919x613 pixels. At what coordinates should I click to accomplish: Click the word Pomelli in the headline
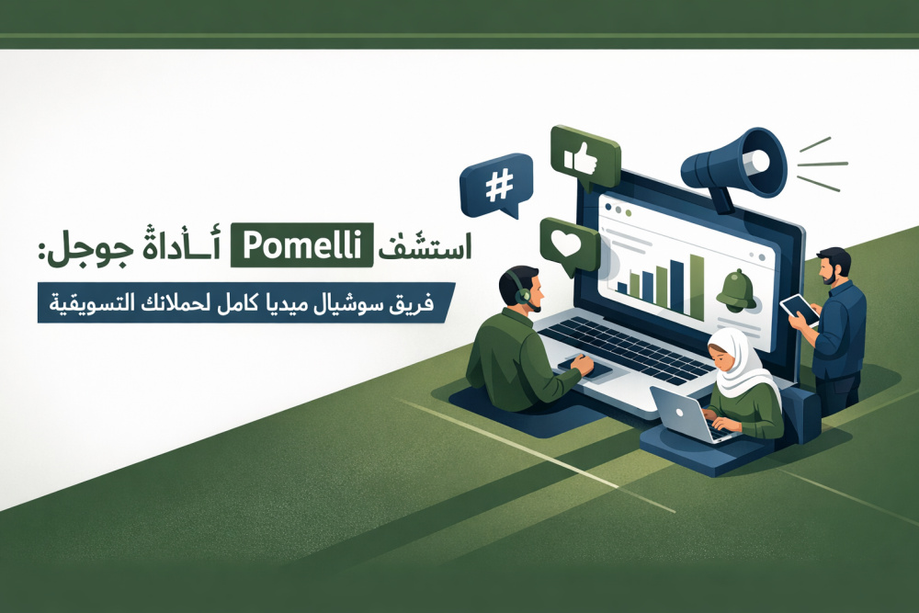[x=301, y=245]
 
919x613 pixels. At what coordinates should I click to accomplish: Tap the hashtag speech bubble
[x=497, y=186]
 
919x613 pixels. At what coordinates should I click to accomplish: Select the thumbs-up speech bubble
[x=584, y=156]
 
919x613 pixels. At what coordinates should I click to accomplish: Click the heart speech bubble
[x=569, y=246]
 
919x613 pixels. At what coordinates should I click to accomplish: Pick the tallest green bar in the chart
[x=697, y=287]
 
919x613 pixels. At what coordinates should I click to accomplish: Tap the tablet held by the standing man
[x=800, y=310]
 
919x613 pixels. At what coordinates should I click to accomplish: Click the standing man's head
[x=834, y=267]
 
